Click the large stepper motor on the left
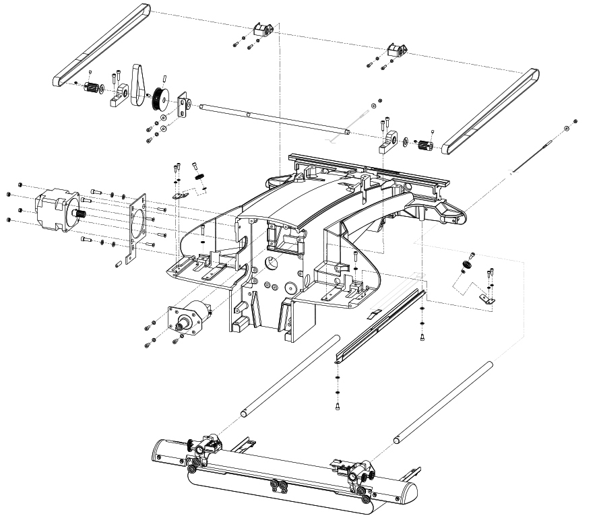[x=53, y=209]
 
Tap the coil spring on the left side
[x=200, y=176]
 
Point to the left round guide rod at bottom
[x=290, y=375]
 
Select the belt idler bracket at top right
[x=396, y=50]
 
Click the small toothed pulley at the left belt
[x=92, y=88]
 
